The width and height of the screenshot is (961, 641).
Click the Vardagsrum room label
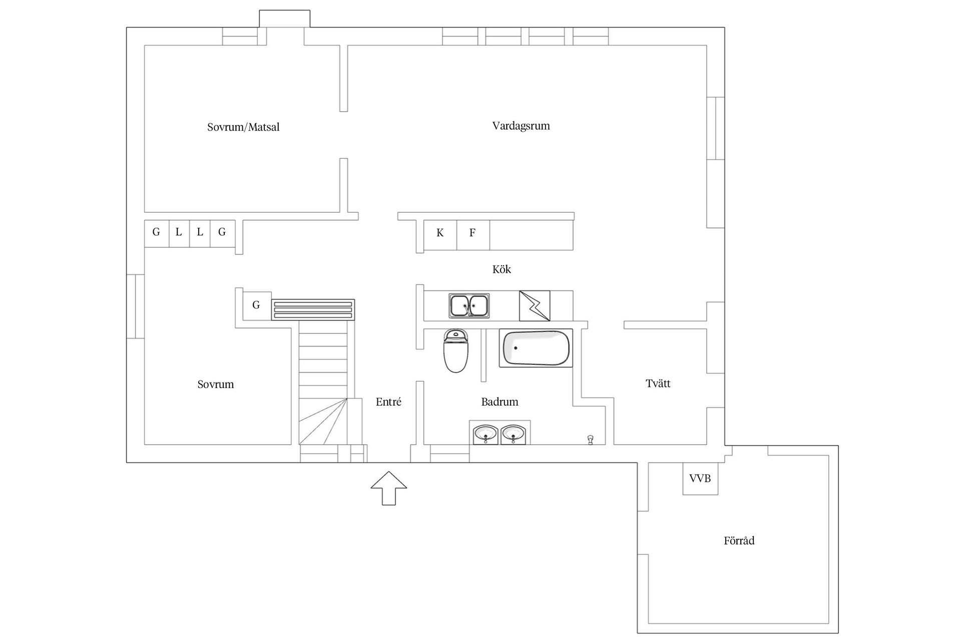tap(521, 126)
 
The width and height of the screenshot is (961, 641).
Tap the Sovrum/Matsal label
tap(243, 127)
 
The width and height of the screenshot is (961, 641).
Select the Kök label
tap(502, 269)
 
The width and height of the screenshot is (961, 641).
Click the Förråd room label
tap(739, 541)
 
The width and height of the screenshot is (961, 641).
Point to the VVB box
tap(700, 479)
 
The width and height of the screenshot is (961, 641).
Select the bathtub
tap(536, 348)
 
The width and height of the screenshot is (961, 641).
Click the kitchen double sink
tap(469, 305)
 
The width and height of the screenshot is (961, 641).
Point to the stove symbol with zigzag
tap(535, 305)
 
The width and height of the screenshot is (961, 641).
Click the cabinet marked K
tap(440, 233)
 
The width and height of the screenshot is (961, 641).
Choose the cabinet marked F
tap(472, 233)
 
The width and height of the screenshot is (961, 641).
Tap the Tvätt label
tap(658, 384)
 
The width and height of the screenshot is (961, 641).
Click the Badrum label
tap(500, 402)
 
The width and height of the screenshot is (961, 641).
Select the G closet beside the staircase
tap(256, 305)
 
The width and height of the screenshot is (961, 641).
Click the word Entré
tap(388, 402)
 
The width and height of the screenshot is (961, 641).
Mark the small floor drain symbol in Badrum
tap(591, 440)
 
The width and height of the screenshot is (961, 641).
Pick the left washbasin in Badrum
tap(486, 434)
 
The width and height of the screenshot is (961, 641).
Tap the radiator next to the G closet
tap(313, 309)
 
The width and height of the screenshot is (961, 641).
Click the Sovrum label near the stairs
tap(216, 385)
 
